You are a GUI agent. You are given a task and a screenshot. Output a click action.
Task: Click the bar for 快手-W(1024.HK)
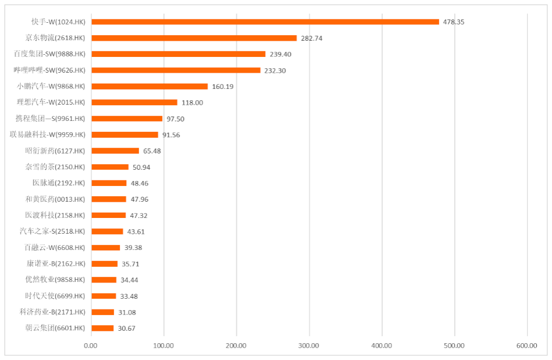coord(265,22)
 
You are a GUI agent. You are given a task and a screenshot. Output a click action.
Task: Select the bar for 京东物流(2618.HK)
coord(194,38)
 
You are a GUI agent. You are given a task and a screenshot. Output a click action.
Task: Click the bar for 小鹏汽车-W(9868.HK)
coord(149,86)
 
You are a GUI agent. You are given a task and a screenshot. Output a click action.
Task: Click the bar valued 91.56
coord(125,134)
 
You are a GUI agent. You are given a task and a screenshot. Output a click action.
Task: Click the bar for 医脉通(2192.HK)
coord(108,183)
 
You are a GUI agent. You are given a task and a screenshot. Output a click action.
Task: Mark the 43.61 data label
coord(138,232)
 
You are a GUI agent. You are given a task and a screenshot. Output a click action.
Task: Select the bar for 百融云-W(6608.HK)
coord(105,247)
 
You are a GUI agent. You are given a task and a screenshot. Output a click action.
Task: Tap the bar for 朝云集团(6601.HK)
coord(102,328)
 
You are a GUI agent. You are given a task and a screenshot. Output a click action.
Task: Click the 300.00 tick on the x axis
coord(309,345)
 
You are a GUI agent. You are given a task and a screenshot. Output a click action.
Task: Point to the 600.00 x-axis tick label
coord(527,345)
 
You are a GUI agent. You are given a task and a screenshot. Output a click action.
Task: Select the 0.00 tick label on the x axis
coord(91,345)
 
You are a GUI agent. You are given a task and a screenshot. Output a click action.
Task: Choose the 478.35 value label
coord(454,22)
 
